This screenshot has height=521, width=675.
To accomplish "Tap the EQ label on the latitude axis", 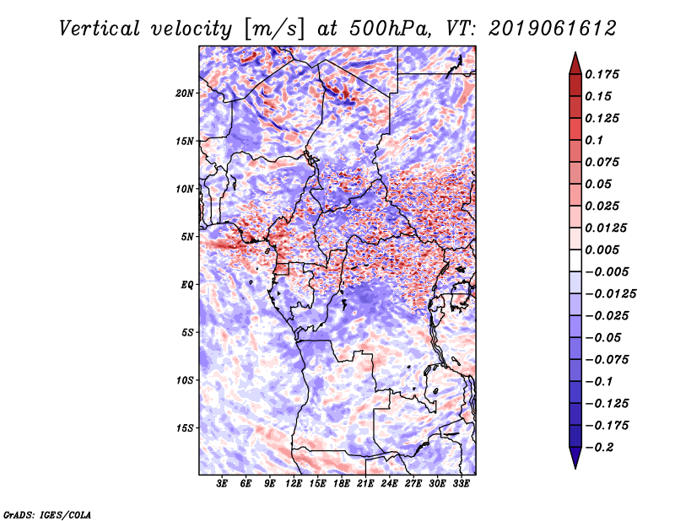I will coord(187,284).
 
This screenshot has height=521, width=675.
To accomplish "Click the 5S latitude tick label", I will coord(187,332).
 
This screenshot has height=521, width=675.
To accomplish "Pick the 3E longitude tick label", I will coord(223,484).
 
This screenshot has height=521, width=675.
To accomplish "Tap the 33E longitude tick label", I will coord(462,484).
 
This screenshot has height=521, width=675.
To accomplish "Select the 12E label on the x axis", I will coord(294,484).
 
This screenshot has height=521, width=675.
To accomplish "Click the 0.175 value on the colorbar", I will coord(604,74).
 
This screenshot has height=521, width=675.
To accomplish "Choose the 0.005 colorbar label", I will coord(604,250).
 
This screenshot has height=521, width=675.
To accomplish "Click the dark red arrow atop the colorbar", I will coord(574,62).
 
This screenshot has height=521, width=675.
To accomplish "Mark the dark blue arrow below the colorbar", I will coord(574,459).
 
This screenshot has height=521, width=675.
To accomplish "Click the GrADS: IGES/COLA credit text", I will coord(47,513).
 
